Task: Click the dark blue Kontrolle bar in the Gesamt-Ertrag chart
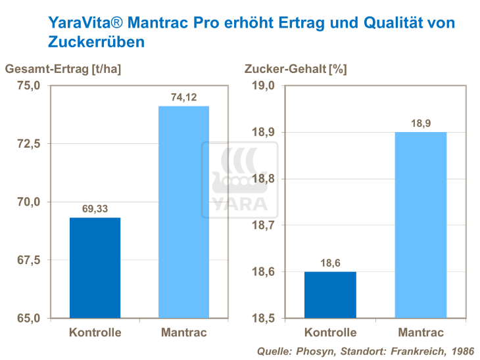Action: pyautogui.click(x=95, y=267)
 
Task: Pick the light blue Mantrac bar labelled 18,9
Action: pyautogui.click(x=420, y=225)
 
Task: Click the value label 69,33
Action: pyautogui.click(x=95, y=208)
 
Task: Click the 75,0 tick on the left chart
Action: pyautogui.click(x=28, y=85)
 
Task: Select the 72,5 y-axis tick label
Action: pyautogui.click(x=28, y=144)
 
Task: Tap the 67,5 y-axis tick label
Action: pyautogui.click(x=28, y=260)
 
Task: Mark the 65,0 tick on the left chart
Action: pyautogui.click(x=28, y=319)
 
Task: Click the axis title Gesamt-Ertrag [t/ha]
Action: pyautogui.click(x=63, y=68)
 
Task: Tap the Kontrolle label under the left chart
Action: pyautogui.click(x=95, y=333)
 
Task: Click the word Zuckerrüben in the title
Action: pyautogui.click(x=97, y=41)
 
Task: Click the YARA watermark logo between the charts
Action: pyautogui.click(x=239, y=181)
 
